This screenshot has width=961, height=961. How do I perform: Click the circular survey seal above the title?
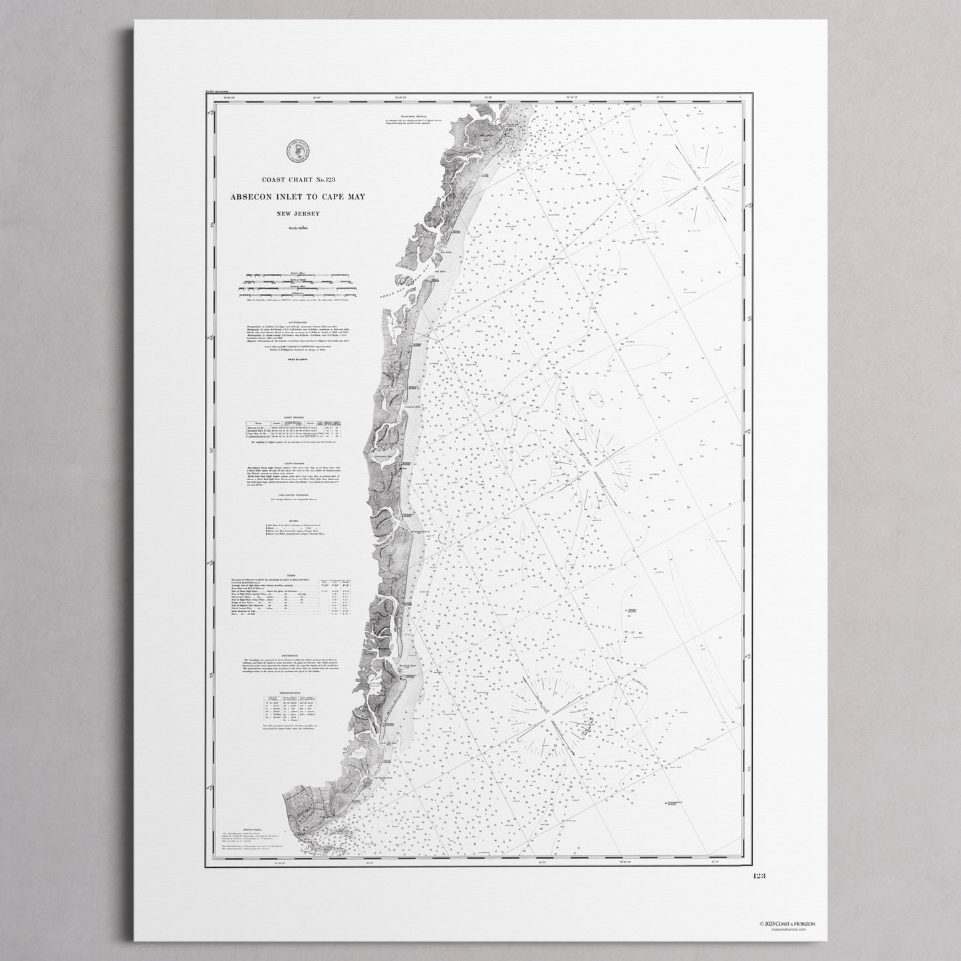(294, 152)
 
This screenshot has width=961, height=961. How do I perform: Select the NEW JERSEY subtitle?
(293, 213)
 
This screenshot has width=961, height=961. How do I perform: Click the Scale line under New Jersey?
(293, 228)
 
